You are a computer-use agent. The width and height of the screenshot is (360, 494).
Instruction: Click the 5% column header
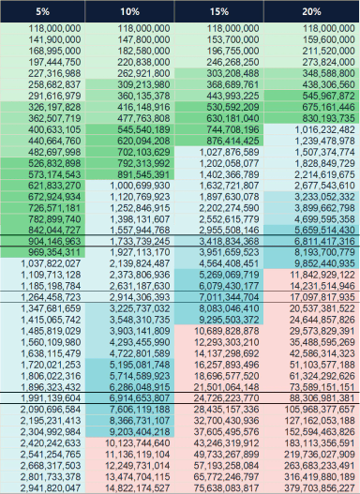click(42, 11)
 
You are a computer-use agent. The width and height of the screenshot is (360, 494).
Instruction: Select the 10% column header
click(129, 11)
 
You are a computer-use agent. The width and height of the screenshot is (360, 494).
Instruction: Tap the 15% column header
click(219, 11)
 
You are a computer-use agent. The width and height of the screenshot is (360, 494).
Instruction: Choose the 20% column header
click(311, 11)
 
